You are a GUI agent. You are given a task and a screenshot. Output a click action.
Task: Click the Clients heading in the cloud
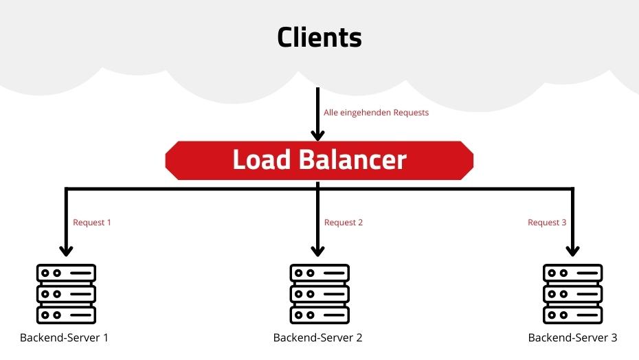[x=319, y=37]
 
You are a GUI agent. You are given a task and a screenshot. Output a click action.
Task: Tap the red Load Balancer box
[x=319, y=159]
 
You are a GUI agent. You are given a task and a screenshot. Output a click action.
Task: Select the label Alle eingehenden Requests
[x=376, y=113]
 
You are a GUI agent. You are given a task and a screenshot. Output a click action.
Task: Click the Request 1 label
[x=92, y=223]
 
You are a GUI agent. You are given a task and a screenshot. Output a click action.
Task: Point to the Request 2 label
[x=344, y=223]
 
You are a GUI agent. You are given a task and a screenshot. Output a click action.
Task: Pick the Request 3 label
[x=547, y=223]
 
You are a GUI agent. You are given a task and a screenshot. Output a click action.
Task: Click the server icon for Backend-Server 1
[x=66, y=293]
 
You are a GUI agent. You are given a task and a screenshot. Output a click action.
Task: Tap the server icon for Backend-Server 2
[x=317, y=293]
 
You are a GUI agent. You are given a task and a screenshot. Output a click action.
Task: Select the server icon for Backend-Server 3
[x=572, y=293]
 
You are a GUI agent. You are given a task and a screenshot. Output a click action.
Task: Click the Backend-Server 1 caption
[x=65, y=338]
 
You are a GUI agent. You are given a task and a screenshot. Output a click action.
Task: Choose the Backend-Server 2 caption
[x=317, y=338]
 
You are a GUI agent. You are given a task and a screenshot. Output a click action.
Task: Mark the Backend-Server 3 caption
[x=572, y=338]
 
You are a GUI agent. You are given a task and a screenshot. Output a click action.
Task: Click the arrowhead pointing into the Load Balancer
[x=317, y=134]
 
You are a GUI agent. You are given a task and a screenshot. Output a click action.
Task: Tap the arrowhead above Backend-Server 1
[x=66, y=250]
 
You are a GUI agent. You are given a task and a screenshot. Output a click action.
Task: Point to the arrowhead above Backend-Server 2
[x=317, y=250]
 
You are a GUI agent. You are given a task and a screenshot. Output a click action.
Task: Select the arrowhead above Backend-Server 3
[x=572, y=250]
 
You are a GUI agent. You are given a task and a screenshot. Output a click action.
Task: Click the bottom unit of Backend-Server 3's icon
[x=572, y=315]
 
